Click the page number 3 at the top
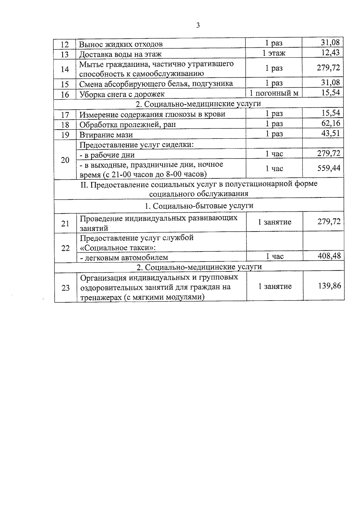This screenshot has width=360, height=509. point(198,25)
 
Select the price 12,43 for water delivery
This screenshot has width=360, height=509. point(330,52)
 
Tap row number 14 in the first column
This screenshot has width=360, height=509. point(65,69)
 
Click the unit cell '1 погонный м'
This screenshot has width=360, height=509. point(274,93)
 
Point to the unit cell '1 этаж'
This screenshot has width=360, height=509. point(274,53)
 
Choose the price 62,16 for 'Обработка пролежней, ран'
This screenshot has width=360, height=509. point(331,123)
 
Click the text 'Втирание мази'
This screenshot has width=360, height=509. point(106,134)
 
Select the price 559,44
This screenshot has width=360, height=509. point(329,168)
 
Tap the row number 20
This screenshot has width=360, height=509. point(65,160)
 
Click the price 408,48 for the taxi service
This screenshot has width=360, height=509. point(329,256)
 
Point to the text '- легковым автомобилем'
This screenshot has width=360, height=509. point(124,257)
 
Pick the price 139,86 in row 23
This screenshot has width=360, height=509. point(329,286)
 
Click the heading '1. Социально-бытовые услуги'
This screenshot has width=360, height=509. point(199,206)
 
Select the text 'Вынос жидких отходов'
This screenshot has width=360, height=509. point(121,44)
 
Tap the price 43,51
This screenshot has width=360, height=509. point(331,133)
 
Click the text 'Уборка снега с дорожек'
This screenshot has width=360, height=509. point(122,94)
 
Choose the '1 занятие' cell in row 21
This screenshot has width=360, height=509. point(274,222)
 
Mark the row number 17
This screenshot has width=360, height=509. point(65,115)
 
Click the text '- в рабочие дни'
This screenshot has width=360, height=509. point(107,155)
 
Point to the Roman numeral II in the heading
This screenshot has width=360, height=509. point(84,184)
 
